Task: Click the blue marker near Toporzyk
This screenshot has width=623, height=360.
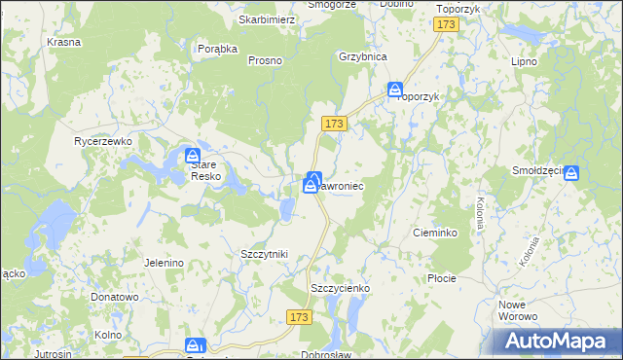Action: pos(395,90)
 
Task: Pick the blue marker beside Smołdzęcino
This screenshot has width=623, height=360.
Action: pos(571,173)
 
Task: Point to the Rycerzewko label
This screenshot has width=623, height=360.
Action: pos(103,141)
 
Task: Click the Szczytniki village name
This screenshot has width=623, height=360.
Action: pos(264,253)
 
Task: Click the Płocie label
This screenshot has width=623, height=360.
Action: pos(442,278)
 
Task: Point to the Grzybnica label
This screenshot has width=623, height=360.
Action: pos(363,56)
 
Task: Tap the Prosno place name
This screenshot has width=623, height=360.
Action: pos(265,60)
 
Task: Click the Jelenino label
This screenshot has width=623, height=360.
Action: pos(164,263)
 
